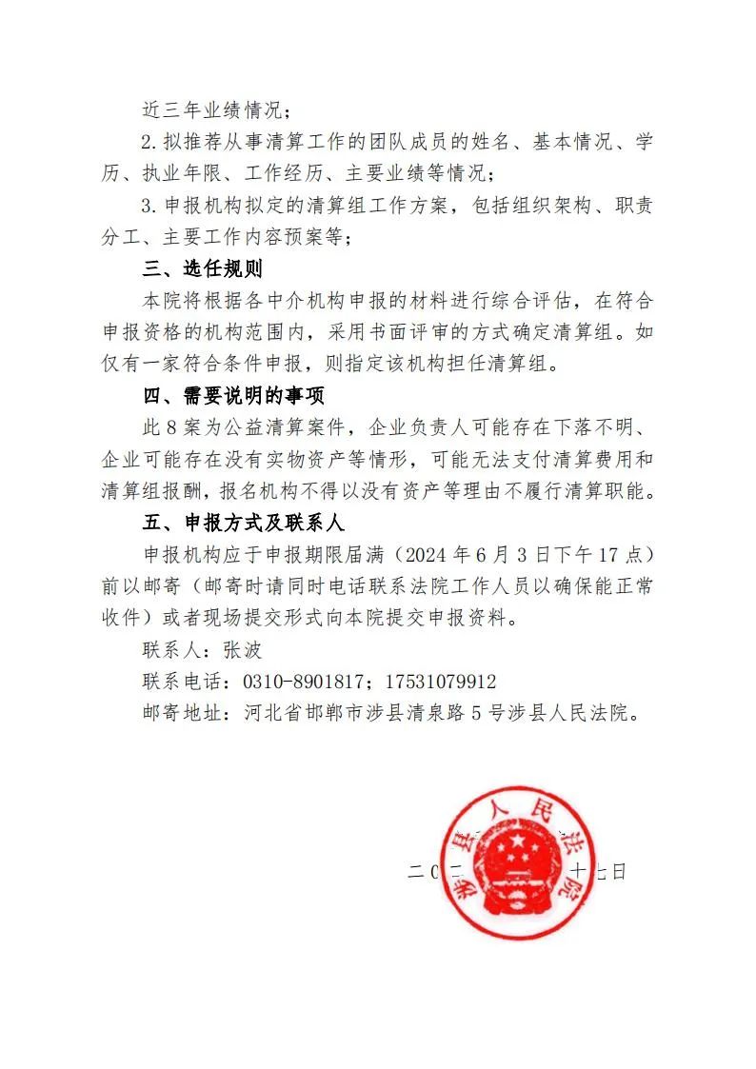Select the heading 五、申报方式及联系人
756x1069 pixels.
point(242,523)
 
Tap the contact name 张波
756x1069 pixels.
point(242,650)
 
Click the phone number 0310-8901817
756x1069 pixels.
point(295,682)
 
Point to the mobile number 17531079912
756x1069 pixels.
point(439,682)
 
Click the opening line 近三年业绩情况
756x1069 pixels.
point(196,109)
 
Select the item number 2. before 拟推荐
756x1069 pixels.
point(149,143)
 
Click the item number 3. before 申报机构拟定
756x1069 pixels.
point(149,206)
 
